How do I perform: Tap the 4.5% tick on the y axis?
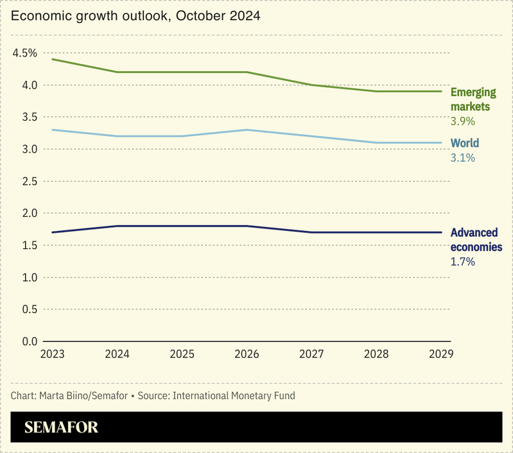[x=25, y=53]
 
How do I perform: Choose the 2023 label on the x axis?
[x=52, y=354]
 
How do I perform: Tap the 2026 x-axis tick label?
[x=247, y=354]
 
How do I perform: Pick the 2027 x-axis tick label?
[x=312, y=354]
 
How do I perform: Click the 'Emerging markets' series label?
[x=473, y=99]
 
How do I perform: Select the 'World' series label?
[x=465, y=143]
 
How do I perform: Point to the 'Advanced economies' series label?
[x=476, y=240]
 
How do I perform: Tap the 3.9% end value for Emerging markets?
[x=463, y=121]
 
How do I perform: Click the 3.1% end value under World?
[x=463, y=158]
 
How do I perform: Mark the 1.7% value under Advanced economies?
[x=463, y=262]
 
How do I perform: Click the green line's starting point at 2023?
[x=52, y=59]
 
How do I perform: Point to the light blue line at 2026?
[x=247, y=130]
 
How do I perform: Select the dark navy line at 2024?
[x=117, y=226]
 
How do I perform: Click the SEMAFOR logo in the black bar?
[x=61, y=428]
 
